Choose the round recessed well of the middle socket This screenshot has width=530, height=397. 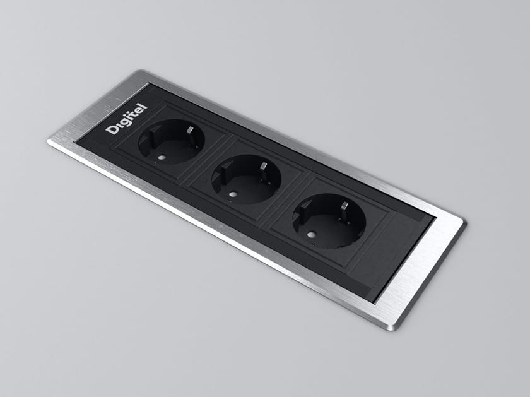click(x=246, y=179)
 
